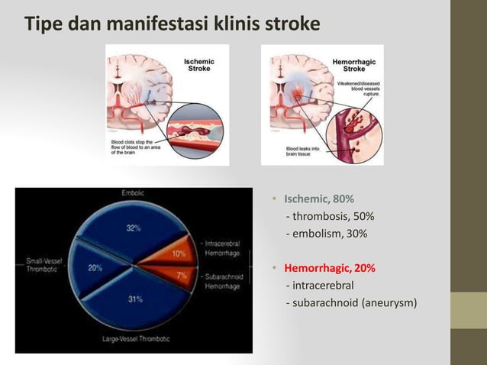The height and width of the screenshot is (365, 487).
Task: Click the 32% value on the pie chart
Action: [x=133, y=227]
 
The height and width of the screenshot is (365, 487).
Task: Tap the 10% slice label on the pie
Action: [x=178, y=253]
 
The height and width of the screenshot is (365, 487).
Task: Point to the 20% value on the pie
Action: [x=95, y=268]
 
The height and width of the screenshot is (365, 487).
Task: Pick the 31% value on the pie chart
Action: [x=134, y=299]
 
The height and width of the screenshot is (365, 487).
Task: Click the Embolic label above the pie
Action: [x=133, y=193]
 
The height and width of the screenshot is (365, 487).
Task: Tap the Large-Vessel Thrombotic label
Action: [x=136, y=338]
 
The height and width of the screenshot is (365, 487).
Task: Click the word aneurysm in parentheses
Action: [x=388, y=303]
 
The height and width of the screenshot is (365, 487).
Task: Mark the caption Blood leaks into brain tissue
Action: [x=303, y=151]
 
